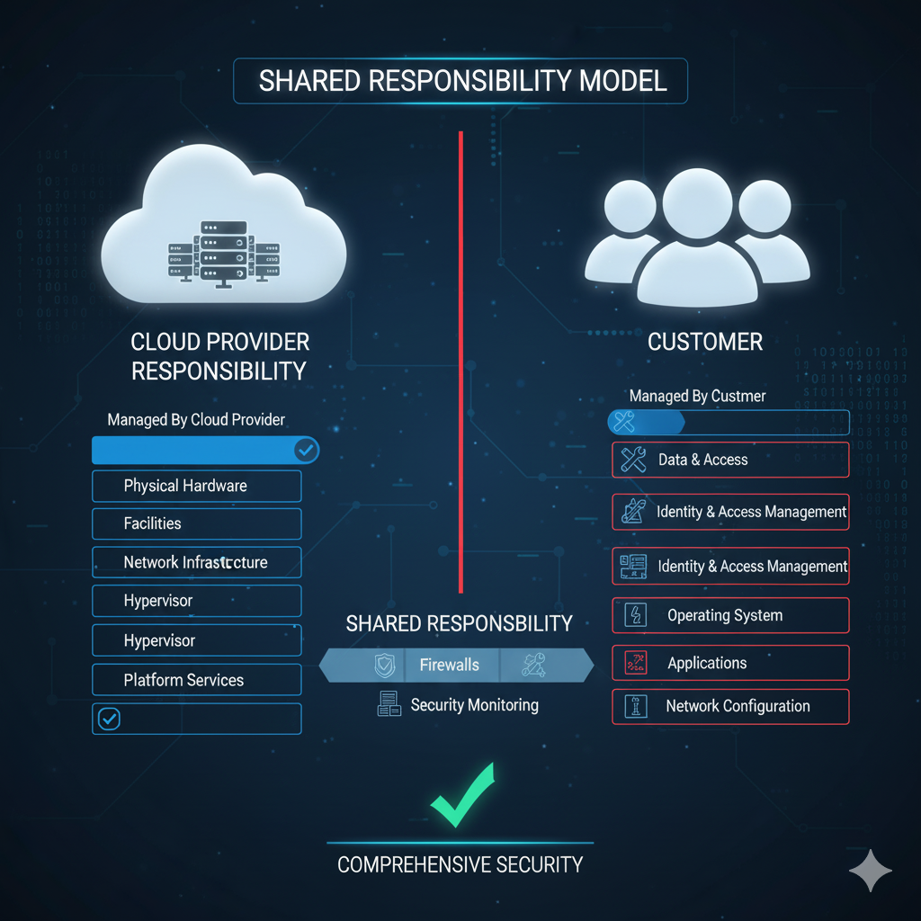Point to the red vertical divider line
(x=460, y=360)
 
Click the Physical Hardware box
(x=196, y=486)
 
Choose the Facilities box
(x=196, y=523)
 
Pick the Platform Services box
(x=196, y=680)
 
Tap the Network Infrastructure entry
(x=196, y=563)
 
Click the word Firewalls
(x=449, y=666)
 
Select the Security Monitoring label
(x=474, y=705)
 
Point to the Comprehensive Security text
(x=460, y=865)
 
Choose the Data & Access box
(x=729, y=460)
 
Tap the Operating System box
(x=729, y=616)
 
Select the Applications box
(x=729, y=664)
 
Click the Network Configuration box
(x=729, y=707)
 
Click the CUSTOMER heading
(x=705, y=343)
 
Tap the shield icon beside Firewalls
(x=384, y=666)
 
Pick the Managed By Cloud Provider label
(x=196, y=419)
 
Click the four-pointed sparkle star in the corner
(x=871, y=870)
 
